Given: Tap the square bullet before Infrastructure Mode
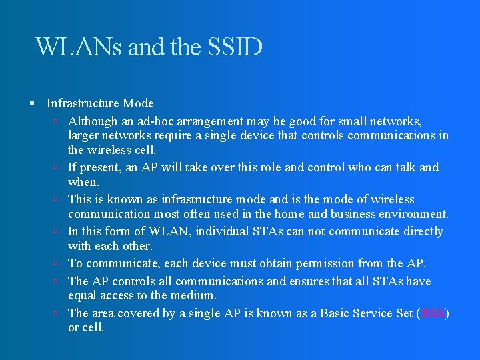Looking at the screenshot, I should coord(32,103).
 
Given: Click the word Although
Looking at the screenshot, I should coord(93,122).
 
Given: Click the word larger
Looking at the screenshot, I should coord(83,135).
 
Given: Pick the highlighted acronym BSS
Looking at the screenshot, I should coord(433,313).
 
